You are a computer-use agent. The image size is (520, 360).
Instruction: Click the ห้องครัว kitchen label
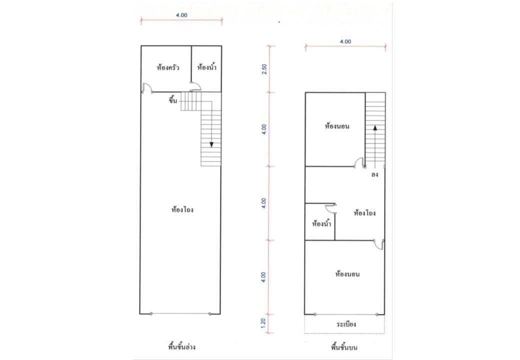pos(168,67)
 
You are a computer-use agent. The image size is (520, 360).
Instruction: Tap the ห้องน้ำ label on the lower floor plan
pos(206,67)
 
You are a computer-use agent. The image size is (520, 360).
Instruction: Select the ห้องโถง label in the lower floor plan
pos(182,209)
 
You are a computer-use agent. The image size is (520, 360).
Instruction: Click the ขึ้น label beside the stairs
pos(173,100)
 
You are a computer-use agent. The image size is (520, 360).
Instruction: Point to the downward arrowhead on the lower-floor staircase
pos(211,144)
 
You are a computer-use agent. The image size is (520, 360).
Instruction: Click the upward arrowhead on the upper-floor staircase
pos(374,127)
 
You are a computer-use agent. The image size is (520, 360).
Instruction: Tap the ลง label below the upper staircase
pos(374,174)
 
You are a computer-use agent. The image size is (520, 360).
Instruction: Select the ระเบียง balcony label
pos(346,324)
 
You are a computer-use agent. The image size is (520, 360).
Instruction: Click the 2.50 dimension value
pos(264,69)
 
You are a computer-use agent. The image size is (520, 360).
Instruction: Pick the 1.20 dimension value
pos(263,323)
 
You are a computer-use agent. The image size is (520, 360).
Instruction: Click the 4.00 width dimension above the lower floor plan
pos(181,15)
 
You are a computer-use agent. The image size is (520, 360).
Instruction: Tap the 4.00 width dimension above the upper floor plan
pos(345,42)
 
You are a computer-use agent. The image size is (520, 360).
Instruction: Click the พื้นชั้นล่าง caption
pos(181,347)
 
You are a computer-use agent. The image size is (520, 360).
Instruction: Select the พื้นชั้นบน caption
pos(344,347)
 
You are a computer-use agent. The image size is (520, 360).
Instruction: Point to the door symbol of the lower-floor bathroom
pos(195,86)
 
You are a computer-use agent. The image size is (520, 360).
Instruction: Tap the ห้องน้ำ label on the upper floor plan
pos(321,224)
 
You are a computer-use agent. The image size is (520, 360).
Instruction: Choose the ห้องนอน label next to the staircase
pos(337,126)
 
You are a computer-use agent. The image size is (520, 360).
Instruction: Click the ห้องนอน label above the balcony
pos(347,274)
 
